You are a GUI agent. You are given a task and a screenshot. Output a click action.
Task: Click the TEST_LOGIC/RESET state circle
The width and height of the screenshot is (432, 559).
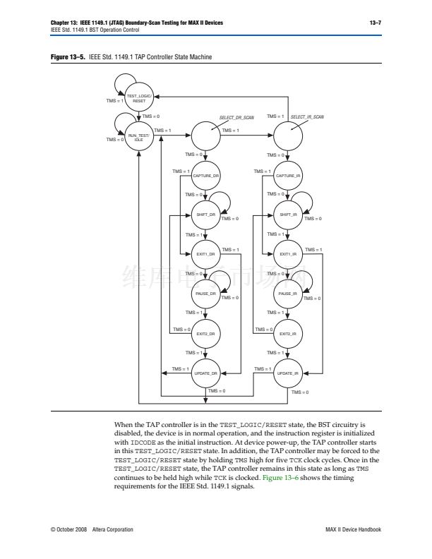click(x=139, y=97)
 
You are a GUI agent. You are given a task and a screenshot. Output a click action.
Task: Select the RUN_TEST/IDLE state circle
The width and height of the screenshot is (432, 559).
click(x=139, y=136)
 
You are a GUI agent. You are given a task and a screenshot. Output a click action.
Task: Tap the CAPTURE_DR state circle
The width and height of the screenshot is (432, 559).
click(x=206, y=175)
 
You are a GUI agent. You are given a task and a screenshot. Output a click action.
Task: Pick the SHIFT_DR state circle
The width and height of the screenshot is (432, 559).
click(x=206, y=215)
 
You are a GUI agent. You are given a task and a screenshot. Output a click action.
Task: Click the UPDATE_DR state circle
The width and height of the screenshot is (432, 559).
click(x=206, y=373)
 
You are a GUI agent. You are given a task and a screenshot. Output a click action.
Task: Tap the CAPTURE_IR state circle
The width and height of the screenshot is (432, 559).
click(x=288, y=175)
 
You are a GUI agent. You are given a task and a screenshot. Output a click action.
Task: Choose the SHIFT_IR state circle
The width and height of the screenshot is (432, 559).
click(x=288, y=215)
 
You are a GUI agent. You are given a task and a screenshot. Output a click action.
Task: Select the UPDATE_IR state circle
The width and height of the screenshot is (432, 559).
click(x=288, y=373)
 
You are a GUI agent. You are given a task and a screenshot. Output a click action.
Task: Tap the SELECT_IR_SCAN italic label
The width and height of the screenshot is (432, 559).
click(x=307, y=116)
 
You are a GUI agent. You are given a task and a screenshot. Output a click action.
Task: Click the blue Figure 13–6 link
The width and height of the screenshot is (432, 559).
click(x=282, y=478)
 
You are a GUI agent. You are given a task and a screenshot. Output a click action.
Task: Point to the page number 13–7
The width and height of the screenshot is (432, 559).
click(x=376, y=23)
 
